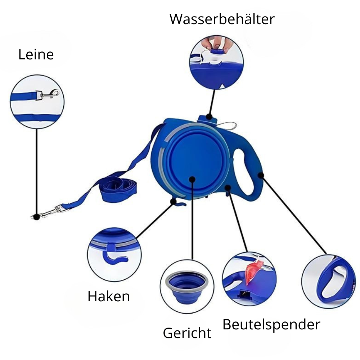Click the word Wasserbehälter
point(222,19)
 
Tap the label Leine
point(36,55)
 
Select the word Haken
point(109,296)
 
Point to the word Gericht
point(187,333)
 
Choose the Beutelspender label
point(271,324)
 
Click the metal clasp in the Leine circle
point(48,95)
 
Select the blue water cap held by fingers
point(217,51)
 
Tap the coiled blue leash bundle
point(118,190)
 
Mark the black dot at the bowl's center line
point(192,180)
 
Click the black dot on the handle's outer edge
point(261,175)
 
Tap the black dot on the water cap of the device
point(209,116)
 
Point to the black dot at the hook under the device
point(174,201)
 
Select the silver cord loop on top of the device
point(227,125)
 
